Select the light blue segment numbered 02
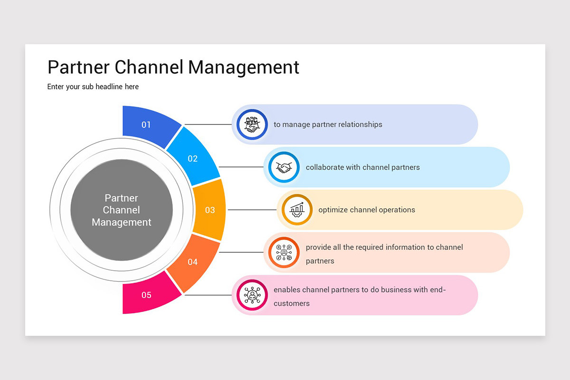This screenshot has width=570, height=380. click(192, 159)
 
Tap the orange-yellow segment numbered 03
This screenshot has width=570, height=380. click(209, 210)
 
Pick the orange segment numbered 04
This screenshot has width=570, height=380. click(192, 262)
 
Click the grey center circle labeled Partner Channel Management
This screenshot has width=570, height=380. click(122, 210)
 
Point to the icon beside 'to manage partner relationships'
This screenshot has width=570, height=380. click(252, 124)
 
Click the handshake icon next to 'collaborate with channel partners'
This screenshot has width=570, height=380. click(284, 167)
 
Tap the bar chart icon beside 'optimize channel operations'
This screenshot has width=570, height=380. click(297, 209)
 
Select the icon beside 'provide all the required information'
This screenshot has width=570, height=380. click(284, 252)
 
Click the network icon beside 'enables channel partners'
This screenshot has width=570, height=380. click(252, 295)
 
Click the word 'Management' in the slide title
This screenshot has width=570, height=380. click(244, 67)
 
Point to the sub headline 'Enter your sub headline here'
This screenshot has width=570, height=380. click(93, 86)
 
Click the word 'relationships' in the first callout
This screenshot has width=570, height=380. click(360, 124)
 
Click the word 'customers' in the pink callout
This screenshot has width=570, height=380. click(292, 304)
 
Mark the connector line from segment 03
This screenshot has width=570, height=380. click(252, 210)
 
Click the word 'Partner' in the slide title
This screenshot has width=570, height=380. click(78, 67)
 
